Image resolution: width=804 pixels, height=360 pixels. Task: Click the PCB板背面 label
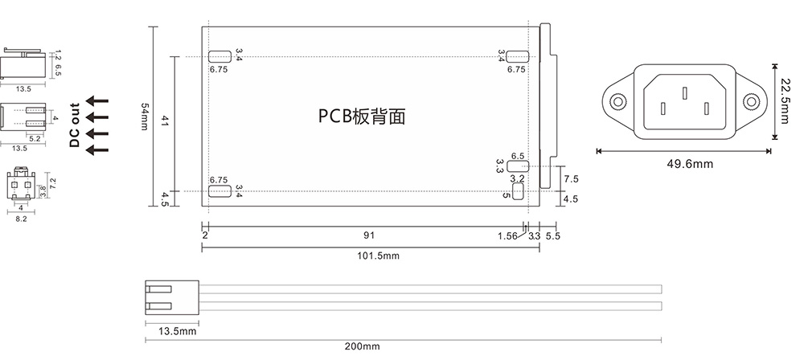tap(361, 117)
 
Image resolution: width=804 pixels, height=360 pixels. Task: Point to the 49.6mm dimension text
tap(690, 164)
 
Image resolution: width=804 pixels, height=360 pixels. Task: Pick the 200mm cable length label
tap(361, 346)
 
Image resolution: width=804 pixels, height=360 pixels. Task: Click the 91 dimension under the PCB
tap(368, 236)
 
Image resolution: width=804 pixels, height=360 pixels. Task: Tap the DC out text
tap(75, 125)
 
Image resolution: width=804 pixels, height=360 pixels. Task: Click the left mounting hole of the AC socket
tap(617, 102)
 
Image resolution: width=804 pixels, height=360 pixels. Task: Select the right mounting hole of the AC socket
tap(751, 102)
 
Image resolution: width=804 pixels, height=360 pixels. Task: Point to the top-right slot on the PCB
tap(517, 56)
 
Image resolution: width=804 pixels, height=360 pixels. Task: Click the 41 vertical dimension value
tap(165, 121)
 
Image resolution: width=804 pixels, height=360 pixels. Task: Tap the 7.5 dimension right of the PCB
tap(571, 178)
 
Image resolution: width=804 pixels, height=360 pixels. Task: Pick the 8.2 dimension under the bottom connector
tap(21, 218)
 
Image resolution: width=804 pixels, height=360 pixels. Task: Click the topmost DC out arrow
tap(96, 100)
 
